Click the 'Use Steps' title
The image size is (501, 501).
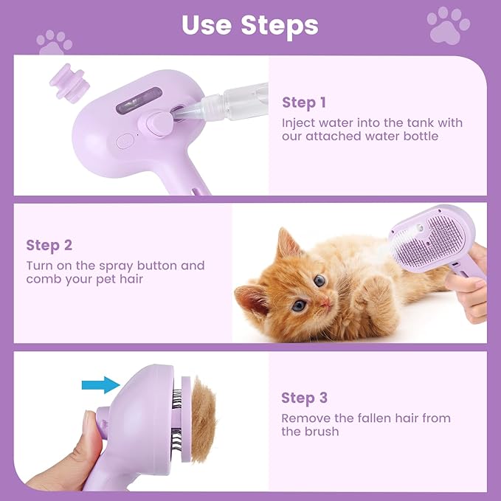pos(250,25)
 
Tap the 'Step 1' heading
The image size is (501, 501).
pos(303,103)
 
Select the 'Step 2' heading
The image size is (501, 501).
pos(50,245)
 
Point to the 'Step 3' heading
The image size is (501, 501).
pos(304,398)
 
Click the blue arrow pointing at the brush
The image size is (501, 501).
pos(101,384)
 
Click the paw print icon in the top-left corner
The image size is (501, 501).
pos(54,42)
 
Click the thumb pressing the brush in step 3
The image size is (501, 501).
pos(91,435)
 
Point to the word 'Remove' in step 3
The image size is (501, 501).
pos(305,418)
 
